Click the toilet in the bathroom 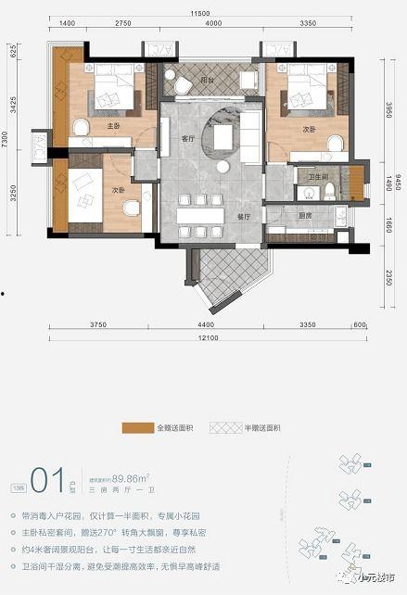coord(329,192)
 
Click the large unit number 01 coord(45,479)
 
